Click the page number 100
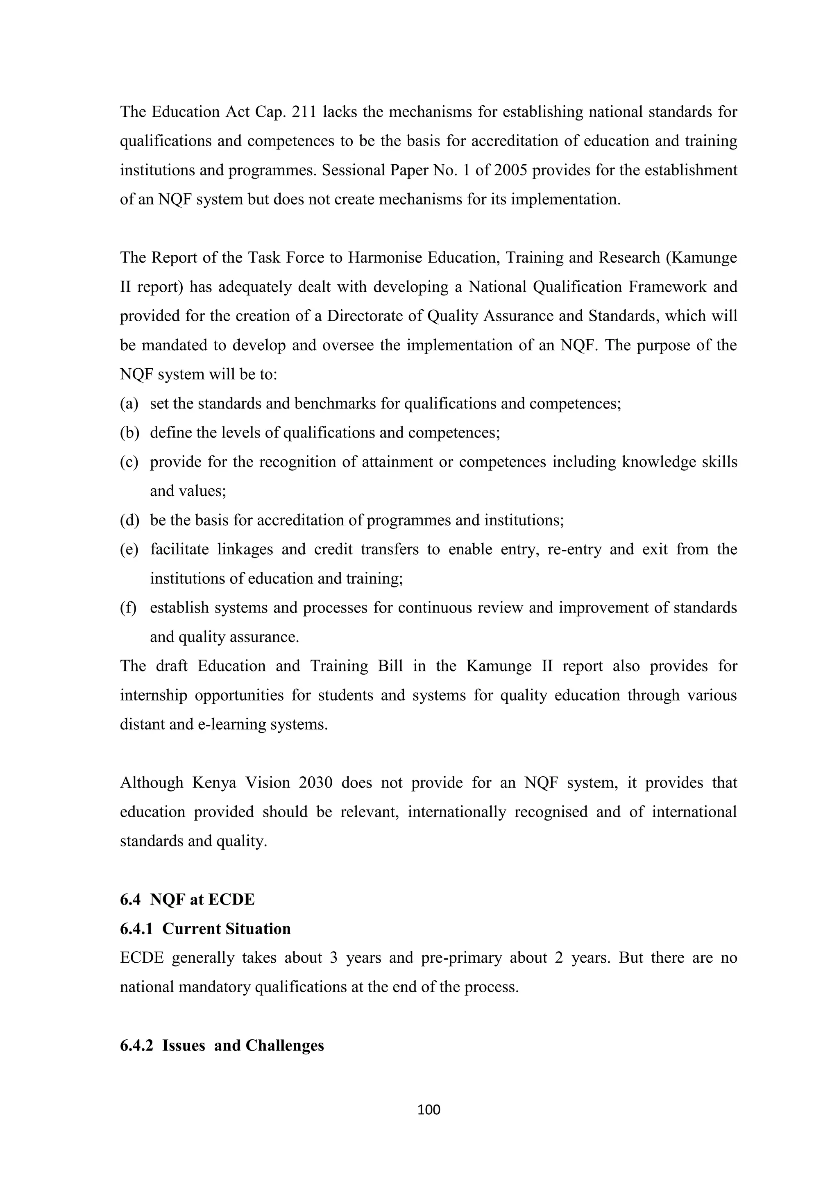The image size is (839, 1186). pyautogui.click(x=428, y=1109)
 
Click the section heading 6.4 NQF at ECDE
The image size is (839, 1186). pyautogui.click(x=187, y=899)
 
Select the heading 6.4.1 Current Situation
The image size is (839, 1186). pyautogui.click(x=205, y=928)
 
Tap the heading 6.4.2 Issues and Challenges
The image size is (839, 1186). pyautogui.click(x=222, y=1045)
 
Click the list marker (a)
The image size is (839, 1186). pyautogui.click(x=129, y=403)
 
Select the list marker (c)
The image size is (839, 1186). pyautogui.click(x=129, y=461)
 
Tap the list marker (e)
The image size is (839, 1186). pyautogui.click(x=129, y=549)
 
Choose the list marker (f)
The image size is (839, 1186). pyautogui.click(x=128, y=608)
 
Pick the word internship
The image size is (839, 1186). pyautogui.click(x=154, y=695)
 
